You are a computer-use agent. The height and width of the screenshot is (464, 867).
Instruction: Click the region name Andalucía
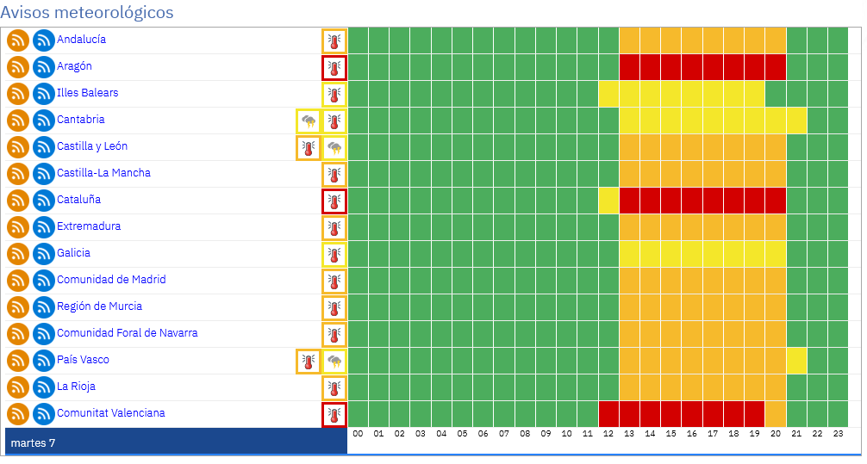pos(81,40)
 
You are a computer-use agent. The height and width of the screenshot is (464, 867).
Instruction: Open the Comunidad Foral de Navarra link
pos(128,333)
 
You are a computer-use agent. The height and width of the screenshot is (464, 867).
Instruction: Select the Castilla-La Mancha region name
pos(104,173)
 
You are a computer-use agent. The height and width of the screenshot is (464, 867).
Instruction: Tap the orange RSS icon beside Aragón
pos(18,67)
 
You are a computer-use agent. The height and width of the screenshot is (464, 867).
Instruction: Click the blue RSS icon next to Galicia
pos(44,254)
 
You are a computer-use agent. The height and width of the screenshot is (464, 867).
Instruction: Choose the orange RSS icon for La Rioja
pos(18,387)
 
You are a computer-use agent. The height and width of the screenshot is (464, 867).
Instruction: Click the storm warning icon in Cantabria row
pos(309,121)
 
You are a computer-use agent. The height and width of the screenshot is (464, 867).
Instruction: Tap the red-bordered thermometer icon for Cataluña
pos(334,201)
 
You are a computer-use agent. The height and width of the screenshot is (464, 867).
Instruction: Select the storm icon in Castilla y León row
pos(334,147)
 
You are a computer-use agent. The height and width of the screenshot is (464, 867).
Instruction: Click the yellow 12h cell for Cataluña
pos(608,201)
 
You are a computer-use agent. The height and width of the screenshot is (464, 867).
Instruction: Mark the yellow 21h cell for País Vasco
pos(796,361)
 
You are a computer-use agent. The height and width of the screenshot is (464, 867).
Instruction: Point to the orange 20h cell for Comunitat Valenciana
pos(776,414)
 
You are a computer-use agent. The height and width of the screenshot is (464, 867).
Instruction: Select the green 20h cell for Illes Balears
pos(776,94)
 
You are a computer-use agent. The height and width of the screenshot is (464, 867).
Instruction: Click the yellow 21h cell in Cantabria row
pos(796,121)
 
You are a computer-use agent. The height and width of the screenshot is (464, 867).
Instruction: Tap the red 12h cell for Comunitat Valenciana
pos(608,414)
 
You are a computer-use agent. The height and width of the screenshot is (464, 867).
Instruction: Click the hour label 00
pos(358,434)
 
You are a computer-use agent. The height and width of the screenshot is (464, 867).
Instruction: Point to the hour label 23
pos(839,434)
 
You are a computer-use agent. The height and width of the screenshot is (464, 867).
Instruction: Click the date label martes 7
pos(33,443)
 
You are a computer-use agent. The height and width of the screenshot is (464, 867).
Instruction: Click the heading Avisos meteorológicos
pos(87,12)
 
